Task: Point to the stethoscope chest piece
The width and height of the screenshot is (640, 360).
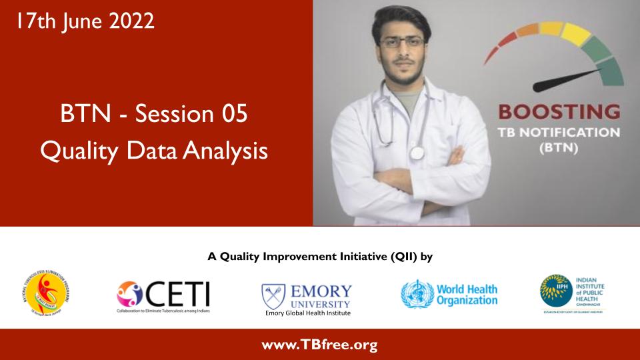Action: pyautogui.click(x=417, y=152)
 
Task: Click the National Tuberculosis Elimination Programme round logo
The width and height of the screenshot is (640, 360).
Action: pyautogui.click(x=46, y=293)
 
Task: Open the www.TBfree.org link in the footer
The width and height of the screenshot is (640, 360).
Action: pyautogui.click(x=320, y=345)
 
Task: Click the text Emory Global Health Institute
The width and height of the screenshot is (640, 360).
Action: pyautogui.click(x=307, y=313)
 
